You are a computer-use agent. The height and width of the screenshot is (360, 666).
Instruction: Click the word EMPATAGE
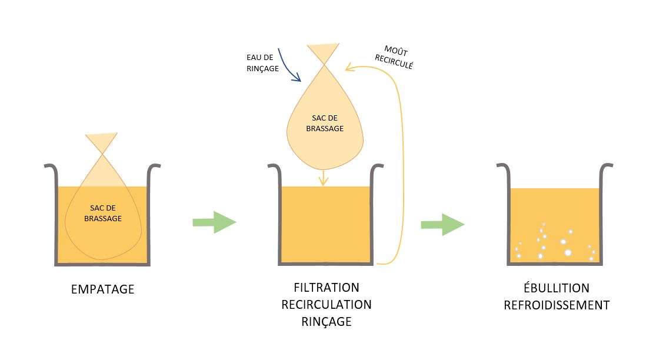(102, 289)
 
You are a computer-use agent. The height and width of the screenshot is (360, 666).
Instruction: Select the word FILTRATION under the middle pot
(326, 288)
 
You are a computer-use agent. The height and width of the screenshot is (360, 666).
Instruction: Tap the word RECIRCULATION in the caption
(326, 305)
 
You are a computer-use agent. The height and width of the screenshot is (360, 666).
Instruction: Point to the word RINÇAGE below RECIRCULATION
(326, 322)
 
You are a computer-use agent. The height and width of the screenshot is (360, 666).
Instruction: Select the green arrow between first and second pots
(214, 222)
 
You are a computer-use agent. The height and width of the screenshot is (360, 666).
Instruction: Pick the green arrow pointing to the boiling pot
(442, 225)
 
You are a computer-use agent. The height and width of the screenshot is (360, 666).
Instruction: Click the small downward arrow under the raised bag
(323, 178)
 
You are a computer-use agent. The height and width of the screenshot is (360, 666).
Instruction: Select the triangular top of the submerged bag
(103, 143)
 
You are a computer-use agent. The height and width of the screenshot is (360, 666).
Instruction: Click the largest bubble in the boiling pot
(568, 252)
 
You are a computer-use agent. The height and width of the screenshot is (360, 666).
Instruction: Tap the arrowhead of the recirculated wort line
(349, 68)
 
